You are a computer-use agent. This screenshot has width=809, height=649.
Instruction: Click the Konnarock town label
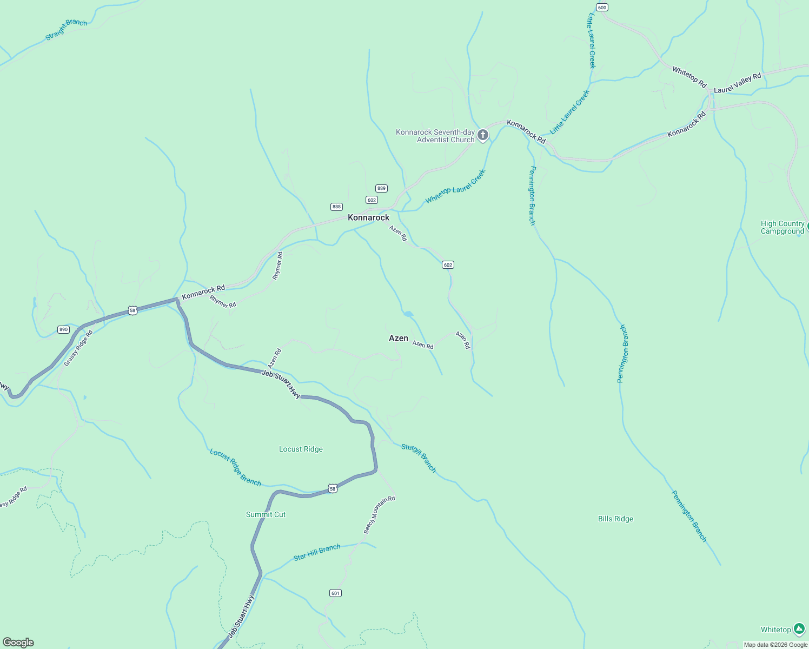point(368,217)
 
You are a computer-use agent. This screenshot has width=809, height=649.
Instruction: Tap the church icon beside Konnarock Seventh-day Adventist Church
point(483,135)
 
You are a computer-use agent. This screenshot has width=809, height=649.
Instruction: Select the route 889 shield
point(381,188)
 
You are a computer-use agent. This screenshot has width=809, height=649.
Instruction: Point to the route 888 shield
point(336,207)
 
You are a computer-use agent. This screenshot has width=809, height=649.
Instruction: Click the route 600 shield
point(602,7)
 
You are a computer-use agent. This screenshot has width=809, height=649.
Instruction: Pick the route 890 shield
point(63,329)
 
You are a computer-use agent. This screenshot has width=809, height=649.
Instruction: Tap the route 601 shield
point(335,593)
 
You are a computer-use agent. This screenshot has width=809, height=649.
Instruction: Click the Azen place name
point(399,338)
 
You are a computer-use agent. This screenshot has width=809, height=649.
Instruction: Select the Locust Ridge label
point(301,449)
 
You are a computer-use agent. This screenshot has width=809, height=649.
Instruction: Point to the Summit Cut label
point(266,514)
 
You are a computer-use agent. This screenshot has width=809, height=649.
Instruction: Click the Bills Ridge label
point(615,519)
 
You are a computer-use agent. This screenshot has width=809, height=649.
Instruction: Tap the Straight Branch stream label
point(66,30)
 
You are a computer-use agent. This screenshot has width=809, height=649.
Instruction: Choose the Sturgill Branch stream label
point(419,458)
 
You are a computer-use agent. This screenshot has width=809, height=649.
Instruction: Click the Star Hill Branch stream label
point(317,552)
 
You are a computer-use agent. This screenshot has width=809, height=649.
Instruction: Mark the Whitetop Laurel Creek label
point(455,187)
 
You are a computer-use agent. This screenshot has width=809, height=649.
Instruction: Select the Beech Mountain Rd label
point(379,515)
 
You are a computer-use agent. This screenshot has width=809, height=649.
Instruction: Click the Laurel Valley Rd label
point(737,83)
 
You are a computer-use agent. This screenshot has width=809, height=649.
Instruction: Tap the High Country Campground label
point(782,227)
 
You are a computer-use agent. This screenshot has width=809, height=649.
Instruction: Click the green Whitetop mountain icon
point(799,628)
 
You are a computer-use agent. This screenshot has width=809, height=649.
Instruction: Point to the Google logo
point(18,643)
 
